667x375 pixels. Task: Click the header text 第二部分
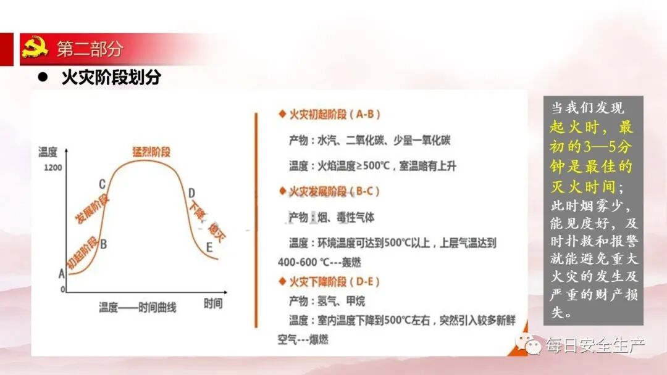(x=90, y=49)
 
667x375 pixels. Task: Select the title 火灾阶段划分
(x=111, y=78)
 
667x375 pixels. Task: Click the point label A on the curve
(x=61, y=273)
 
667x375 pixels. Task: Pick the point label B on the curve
(x=104, y=244)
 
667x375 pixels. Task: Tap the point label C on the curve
(x=102, y=184)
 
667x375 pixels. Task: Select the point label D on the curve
(x=191, y=192)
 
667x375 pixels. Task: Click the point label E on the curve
(x=209, y=248)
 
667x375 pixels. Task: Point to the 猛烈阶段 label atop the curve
(x=151, y=151)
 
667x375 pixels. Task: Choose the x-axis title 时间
(x=213, y=303)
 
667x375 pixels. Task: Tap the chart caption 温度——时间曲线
(x=137, y=307)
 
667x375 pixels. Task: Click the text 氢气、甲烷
(x=341, y=301)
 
